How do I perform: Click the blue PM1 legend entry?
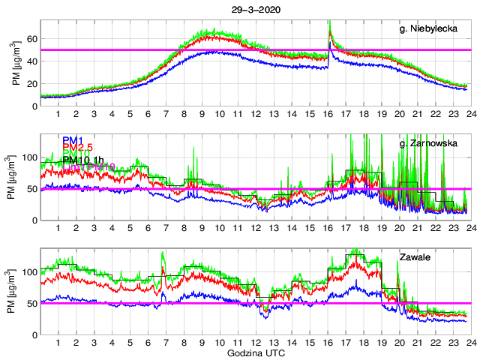click(72, 140)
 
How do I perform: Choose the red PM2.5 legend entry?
click(77, 147)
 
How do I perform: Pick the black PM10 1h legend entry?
click(83, 160)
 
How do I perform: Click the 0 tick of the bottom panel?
click(34, 334)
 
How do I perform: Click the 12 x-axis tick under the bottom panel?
click(256, 342)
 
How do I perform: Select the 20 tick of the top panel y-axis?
click(32, 83)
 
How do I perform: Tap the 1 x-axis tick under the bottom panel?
click(58, 342)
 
